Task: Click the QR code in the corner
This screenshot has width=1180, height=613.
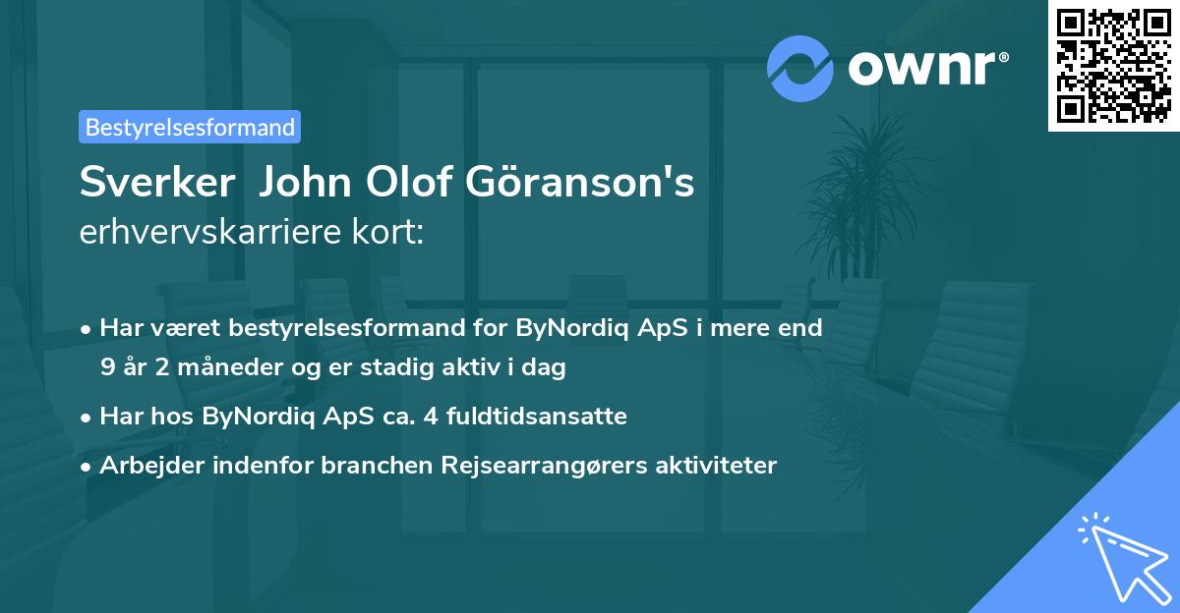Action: pyautogui.click(x=1113, y=66)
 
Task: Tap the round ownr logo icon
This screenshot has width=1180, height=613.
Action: pyautogui.click(x=800, y=68)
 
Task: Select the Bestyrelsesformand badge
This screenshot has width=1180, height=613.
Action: pyautogui.click(x=190, y=127)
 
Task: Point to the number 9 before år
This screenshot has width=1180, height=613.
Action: pyautogui.click(x=107, y=367)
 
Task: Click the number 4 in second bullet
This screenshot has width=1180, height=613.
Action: pyautogui.click(x=430, y=417)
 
